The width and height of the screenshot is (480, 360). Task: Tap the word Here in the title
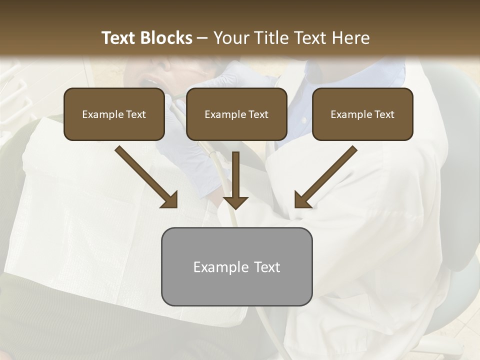[x=351, y=38]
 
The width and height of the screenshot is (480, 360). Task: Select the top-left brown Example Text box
[x=114, y=114]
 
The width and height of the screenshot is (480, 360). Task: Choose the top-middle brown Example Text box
[x=236, y=114]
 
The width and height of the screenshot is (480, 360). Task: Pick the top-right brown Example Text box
[x=362, y=114]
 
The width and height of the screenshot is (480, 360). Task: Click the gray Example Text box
[x=236, y=267]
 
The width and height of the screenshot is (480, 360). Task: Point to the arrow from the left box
[x=145, y=176]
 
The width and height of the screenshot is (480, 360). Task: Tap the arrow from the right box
[x=327, y=176]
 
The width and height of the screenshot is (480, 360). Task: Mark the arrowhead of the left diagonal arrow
[x=170, y=200]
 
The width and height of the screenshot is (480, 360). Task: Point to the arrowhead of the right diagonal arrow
[x=302, y=200]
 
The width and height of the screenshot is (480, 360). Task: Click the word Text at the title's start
[x=118, y=38]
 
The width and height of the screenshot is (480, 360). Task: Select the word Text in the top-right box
[x=383, y=114]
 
